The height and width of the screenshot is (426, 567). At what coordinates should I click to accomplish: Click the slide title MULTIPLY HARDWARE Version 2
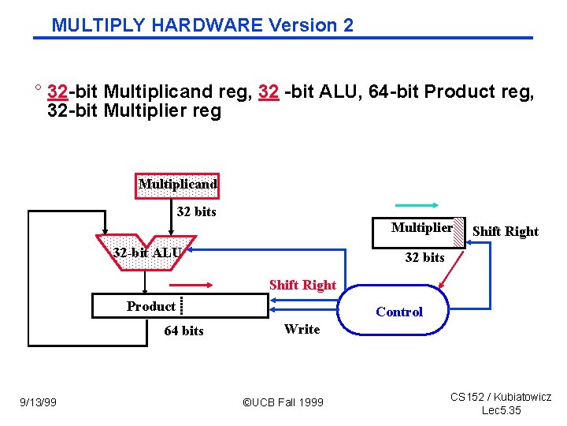coord(202,24)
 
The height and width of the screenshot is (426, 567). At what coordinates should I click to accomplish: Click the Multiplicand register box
coord(177,185)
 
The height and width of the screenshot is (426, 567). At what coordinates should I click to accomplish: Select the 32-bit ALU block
coord(146,252)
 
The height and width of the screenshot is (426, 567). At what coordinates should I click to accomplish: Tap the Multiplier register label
coord(421,228)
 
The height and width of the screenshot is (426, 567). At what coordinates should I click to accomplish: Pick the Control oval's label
coord(398,312)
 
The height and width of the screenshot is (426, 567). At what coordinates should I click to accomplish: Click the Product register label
coord(150,306)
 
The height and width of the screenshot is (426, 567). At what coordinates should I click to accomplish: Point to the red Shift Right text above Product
coord(302,285)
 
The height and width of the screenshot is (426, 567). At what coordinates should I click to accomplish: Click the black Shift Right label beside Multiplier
coord(505,231)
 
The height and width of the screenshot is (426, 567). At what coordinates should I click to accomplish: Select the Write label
coord(302,329)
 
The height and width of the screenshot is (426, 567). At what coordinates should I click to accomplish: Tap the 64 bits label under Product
coord(183,331)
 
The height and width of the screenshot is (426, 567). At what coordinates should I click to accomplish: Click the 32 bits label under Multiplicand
coord(196,211)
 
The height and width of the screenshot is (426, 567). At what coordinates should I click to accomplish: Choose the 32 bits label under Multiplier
coord(424,257)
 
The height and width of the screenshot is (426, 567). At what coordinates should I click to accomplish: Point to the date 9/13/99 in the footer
coord(38,402)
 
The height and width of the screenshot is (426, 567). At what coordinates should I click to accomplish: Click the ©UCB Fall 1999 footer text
coord(283,402)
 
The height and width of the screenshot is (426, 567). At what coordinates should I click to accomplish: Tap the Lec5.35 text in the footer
coord(501,410)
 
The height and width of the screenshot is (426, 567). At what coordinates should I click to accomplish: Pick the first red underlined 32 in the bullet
coord(57,92)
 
